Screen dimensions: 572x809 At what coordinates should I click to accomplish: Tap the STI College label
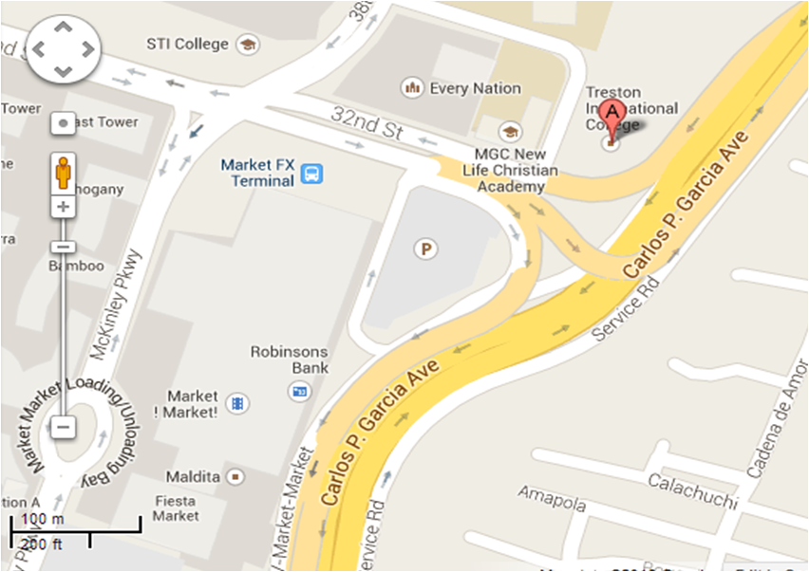[x=187, y=44]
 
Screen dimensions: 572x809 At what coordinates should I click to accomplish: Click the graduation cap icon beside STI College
[x=248, y=44]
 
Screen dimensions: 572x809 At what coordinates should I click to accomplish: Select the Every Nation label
[x=475, y=88]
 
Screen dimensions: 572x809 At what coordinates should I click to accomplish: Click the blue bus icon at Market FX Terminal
[x=311, y=174]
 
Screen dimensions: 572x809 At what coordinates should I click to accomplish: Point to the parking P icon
[x=426, y=249]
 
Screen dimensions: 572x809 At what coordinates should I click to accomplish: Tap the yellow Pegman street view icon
[x=63, y=173]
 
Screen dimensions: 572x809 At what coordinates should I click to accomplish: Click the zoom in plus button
[x=63, y=206]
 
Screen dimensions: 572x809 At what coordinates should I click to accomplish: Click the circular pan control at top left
[x=62, y=48]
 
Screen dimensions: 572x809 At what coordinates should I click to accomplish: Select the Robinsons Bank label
[x=290, y=359]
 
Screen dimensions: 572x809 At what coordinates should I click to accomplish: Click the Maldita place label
[x=193, y=475]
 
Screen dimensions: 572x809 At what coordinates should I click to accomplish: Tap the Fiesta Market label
[x=176, y=507]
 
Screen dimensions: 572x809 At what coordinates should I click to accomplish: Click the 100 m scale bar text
[x=42, y=519]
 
